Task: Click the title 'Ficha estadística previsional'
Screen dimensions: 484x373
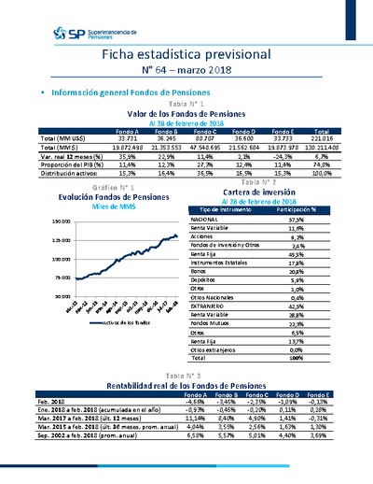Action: coord(186,56)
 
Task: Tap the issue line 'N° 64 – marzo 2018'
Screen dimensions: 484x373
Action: coord(186,73)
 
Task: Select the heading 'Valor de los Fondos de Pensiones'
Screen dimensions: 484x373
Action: coord(186,113)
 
